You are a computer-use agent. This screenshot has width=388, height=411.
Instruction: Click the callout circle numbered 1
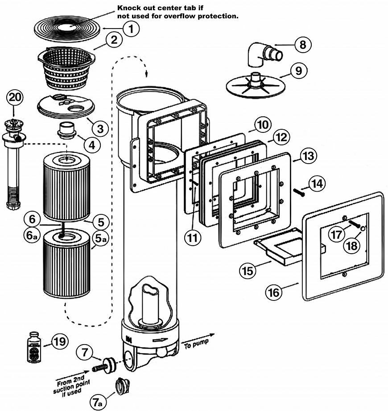tap(130, 29)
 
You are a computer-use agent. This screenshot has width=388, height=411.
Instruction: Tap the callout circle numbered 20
tap(14, 98)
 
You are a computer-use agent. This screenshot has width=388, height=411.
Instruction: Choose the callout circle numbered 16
tap(275, 293)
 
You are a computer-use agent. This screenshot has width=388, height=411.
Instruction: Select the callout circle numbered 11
tap(192, 238)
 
